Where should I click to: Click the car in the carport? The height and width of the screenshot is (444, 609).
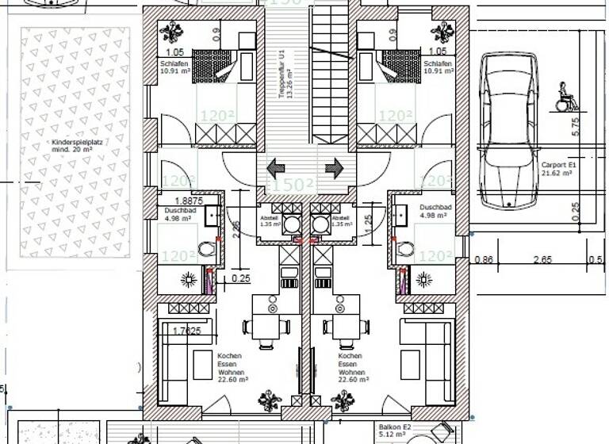tap(511, 131)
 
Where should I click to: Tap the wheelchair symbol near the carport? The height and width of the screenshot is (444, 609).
tap(565, 96)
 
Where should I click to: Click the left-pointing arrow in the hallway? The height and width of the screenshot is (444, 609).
tap(277, 168)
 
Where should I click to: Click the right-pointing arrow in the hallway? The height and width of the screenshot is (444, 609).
tap(334, 168)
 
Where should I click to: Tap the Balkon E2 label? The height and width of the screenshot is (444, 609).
tap(393, 430)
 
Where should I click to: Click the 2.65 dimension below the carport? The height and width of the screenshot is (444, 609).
tap(542, 259)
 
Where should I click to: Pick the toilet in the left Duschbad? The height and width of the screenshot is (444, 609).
tap(207, 249)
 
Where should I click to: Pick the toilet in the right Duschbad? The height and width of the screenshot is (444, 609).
tap(405, 249)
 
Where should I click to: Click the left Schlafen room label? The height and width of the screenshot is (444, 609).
tap(172, 66)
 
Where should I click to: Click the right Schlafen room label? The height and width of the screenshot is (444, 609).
tap(438, 66)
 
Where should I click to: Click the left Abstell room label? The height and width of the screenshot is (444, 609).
tap(270, 221)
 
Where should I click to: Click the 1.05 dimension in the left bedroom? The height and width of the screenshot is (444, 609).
tap(175, 52)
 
